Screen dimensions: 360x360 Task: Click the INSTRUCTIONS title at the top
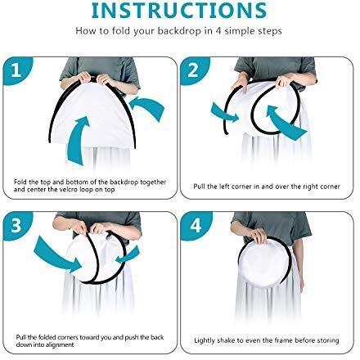coord(179,11)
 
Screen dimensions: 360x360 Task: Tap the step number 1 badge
coord(17,70)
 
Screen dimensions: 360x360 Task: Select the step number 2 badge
coord(193,70)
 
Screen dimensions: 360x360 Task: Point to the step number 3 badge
coord(16,225)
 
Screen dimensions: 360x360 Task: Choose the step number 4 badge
coord(196,226)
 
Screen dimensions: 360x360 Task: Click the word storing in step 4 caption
coord(328,340)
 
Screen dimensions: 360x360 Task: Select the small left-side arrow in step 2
coord(224,113)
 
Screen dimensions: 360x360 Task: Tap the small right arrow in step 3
coord(128,255)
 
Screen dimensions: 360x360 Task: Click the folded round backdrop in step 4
coord(265,263)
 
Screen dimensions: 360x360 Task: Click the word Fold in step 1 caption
coord(21,182)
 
